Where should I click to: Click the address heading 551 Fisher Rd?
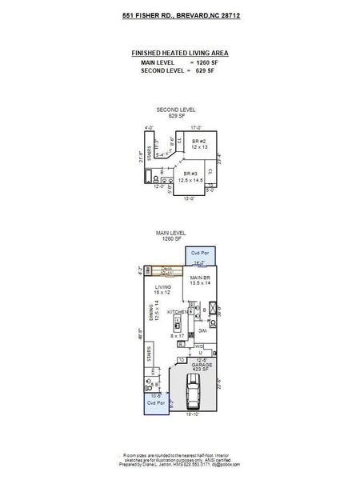[179, 15]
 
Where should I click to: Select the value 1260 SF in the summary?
[206, 62]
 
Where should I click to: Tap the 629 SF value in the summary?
[206, 70]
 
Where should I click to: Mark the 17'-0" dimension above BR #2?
[195, 126]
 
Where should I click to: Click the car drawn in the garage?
[192, 394]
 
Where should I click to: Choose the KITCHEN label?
[177, 311]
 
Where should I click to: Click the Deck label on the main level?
[167, 269]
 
